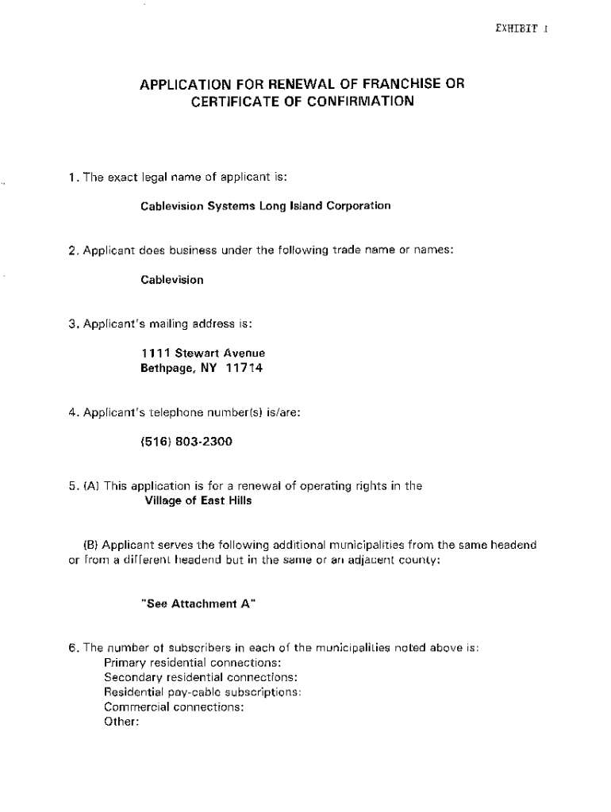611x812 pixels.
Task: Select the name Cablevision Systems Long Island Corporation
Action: tap(266, 206)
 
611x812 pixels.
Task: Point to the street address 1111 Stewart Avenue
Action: tap(203, 353)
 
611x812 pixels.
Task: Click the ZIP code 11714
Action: tap(244, 369)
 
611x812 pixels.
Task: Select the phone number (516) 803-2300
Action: tap(187, 442)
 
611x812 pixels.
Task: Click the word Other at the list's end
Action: tap(121, 722)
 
